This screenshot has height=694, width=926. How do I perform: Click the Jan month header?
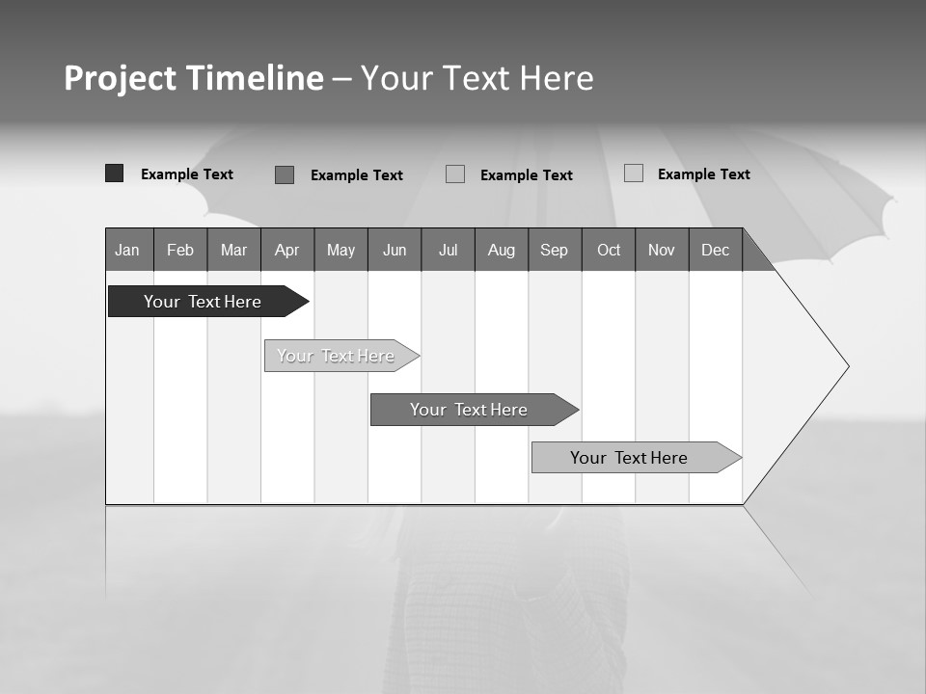(x=128, y=250)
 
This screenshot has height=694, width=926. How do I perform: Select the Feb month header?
(x=180, y=250)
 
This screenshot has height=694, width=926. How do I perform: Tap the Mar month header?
(x=233, y=250)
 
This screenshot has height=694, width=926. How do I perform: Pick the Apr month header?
(x=286, y=250)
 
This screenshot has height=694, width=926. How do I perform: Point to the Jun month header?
(x=395, y=250)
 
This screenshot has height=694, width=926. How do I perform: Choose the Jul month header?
(x=448, y=250)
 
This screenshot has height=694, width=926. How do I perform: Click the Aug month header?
(x=502, y=250)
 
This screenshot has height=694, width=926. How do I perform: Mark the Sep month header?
(x=555, y=250)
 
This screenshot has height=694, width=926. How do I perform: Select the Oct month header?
(x=609, y=250)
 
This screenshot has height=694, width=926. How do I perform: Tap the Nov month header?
(x=662, y=250)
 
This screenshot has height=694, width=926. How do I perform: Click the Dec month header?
(x=715, y=250)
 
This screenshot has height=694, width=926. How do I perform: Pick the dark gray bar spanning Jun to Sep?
(x=470, y=410)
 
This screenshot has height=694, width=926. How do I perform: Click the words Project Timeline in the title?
(x=194, y=78)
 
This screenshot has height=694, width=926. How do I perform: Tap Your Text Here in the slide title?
(x=477, y=78)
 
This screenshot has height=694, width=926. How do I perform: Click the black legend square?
(x=115, y=173)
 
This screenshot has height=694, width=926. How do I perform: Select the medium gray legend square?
(x=285, y=174)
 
